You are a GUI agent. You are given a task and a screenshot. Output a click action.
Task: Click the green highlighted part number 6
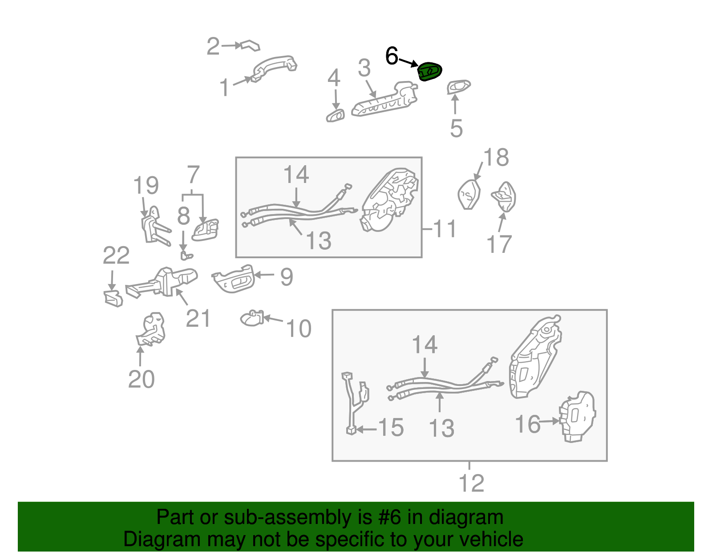coord(429,72)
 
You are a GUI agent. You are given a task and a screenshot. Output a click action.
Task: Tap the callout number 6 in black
coord(392,56)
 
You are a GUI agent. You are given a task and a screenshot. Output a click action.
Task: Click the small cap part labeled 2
coord(250,45)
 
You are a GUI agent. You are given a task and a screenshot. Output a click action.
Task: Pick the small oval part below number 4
coord(335,116)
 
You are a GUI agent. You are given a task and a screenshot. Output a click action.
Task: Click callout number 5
coord(456,128)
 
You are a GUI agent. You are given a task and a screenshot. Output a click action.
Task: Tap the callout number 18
coord(496,158)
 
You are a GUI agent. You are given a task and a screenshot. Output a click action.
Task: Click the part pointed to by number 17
coord(504,196)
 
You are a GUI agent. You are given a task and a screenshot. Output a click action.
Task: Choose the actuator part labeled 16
coord(578,416)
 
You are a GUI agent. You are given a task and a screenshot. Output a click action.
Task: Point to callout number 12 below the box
coord(471,483)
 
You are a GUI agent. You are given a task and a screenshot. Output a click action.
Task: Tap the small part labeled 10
coord(252,318)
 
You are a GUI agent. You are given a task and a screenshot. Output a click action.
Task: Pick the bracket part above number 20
coord(151,329)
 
